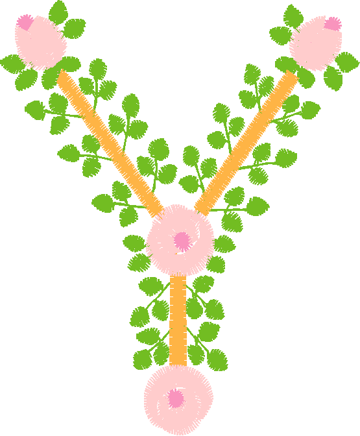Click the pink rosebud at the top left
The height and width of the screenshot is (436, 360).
point(40,42)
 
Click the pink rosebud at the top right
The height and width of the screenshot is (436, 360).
point(316,43)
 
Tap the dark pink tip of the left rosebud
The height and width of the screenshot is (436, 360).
point(25,22)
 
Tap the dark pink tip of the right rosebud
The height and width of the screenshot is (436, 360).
point(333,24)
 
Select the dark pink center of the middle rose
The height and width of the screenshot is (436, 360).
point(182,241)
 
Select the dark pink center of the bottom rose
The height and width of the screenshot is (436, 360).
point(175,398)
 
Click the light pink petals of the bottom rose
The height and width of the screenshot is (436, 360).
point(178,400)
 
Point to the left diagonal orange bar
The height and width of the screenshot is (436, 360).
point(110,143)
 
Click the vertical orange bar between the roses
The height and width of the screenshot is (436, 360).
point(178,321)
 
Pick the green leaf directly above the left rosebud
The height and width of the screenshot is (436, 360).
point(58,12)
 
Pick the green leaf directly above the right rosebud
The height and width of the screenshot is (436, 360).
point(293,16)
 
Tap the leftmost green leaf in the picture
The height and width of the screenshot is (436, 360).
point(12,64)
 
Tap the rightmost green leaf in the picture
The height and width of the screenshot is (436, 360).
point(347,62)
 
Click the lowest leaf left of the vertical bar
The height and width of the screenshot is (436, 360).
point(143,359)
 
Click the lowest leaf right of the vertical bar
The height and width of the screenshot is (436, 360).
point(217,360)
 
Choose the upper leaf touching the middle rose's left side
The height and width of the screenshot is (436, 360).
point(134,243)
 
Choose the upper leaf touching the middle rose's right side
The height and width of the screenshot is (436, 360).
point(224,244)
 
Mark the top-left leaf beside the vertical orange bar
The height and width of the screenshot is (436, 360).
point(151,286)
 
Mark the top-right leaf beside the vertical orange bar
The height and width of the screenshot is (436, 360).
point(204,284)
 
